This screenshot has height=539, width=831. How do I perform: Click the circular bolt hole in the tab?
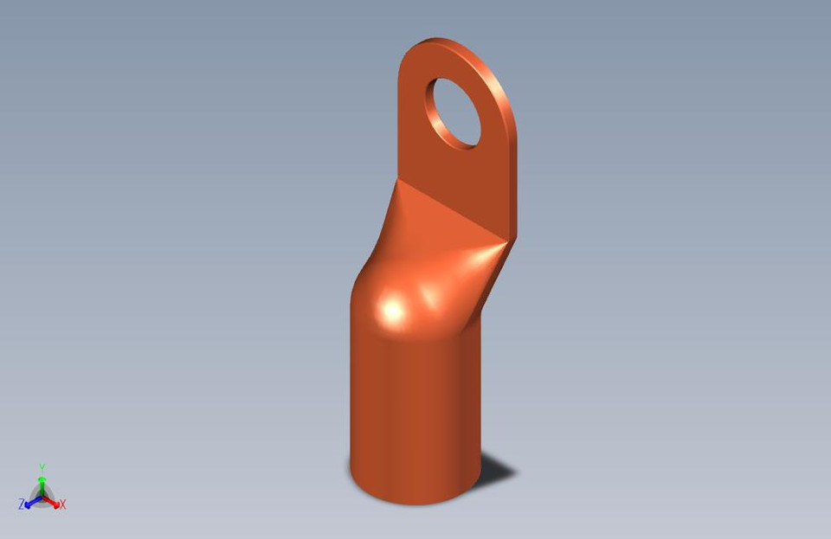[x=454, y=112]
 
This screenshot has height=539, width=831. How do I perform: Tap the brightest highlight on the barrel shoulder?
[x=392, y=310]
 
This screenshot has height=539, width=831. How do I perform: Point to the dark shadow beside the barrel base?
[x=496, y=472]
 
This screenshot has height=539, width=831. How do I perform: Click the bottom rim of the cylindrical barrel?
[x=415, y=501]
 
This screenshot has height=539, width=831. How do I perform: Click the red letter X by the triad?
[x=63, y=504]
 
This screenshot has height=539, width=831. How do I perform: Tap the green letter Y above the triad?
[x=42, y=468]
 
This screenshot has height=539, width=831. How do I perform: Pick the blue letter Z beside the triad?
[x=21, y=504]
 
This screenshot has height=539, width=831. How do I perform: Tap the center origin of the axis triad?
[x=42, y=496]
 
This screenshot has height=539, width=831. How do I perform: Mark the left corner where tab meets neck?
[x=399, y=179]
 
